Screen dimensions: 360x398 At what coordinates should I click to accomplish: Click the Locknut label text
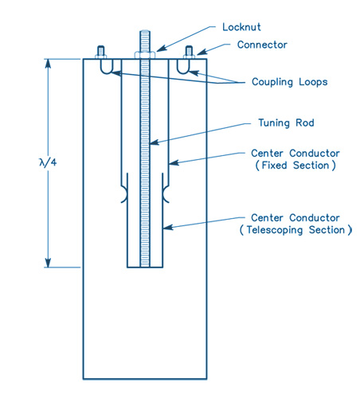click(x=241, y=27)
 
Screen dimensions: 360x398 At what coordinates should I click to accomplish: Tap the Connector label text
click(x=262, y=45)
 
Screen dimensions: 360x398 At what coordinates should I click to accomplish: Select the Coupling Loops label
click(x=290, y=82)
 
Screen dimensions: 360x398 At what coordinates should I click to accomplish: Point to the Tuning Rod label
click(x=286, y=123)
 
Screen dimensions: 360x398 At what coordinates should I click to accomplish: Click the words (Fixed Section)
click(x=295, y=166)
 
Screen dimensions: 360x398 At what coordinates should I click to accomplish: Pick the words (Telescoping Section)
click(x=295, y=230)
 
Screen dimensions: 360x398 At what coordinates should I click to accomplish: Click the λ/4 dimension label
click(x=48, y=162)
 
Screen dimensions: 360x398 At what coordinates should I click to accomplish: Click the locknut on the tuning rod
click(x=145, y=55)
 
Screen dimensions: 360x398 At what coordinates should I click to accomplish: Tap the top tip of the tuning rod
click(x=145, y=31)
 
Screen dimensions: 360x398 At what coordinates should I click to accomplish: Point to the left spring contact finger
click(x=124, y=194)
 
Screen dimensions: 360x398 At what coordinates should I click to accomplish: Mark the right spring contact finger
click(x=166, y=194)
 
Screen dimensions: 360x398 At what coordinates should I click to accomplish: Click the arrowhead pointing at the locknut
click(x=162, y=49)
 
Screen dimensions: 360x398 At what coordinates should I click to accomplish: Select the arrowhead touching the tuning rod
click(x=155, y=142)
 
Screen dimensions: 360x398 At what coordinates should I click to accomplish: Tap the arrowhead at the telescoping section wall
click(x=168, y=228)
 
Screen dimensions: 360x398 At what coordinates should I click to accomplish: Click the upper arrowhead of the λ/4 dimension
click(x=48, y=64)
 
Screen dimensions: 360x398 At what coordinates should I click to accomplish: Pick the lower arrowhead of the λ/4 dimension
click(x=48, y=263)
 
